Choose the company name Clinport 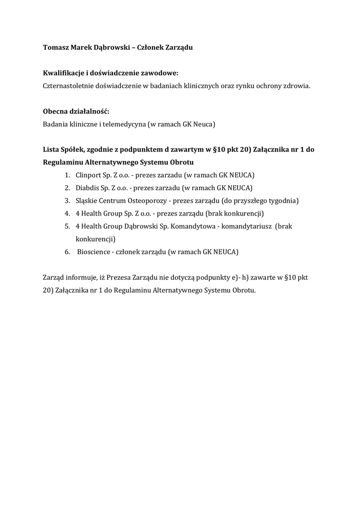[x=87, y=175]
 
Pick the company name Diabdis [x=87, y=188]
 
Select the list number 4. [x=67, y=214]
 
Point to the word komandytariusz [x=244, y=226]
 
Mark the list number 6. [x=67, y=252]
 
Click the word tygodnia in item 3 [x=282, y=201]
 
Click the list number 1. [x=67, y=175]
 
